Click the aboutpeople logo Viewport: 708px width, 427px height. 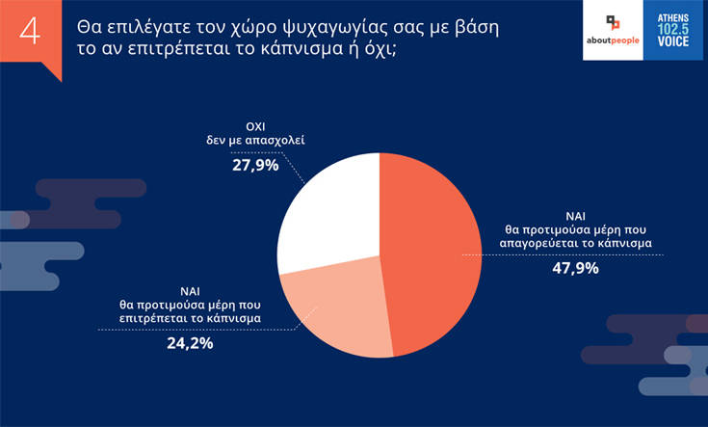point(612,32)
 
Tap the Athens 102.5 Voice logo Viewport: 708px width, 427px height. point(673,32)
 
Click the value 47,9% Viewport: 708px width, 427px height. point(576,268)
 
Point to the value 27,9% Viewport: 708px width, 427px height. point(255,166)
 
